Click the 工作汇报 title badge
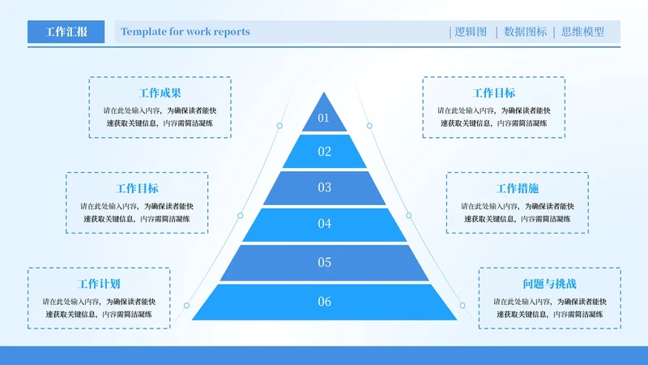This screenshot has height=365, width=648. (x=66, y=32)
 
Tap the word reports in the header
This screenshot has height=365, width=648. (x=231, y=32)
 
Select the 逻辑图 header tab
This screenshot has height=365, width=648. (x=471, y=32)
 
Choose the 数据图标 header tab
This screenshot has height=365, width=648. (x=525, y=32)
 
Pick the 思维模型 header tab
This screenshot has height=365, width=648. (x=582, y=32)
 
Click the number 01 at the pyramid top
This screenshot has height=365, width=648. (x=324, y=118)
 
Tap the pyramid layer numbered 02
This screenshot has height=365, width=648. (x=324, y=151)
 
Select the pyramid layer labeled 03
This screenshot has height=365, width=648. (x=324, y=187)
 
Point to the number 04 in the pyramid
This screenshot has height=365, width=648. (x=324, y=223)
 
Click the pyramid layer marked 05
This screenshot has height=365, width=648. (x=324, y=262)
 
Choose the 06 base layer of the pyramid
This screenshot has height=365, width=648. (x=324, y=302)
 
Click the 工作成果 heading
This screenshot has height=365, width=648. (x=160, y=93)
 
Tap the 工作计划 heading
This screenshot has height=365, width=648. (x=99, y=284)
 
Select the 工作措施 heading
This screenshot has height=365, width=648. (x=517, y=188)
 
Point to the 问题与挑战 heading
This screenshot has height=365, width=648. (x=549, y=284)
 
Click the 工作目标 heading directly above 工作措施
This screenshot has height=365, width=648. (x=493, y=93)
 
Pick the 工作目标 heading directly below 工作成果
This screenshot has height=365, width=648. (x=137, y=188)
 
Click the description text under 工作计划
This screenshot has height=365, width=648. (x=99, y=307)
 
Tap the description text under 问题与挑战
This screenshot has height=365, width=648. (x=549, y=307)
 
